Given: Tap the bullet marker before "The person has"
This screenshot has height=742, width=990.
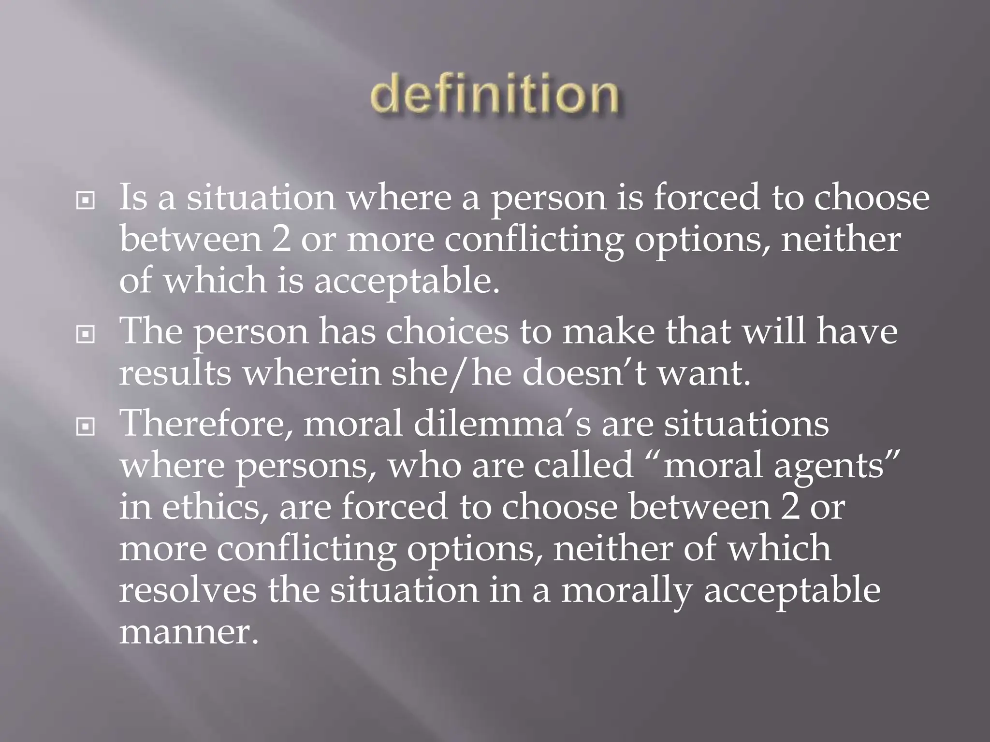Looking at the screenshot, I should (86, 334).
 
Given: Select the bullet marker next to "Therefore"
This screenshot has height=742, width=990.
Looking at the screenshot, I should (86, 426).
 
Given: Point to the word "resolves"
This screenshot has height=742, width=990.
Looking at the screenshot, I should (188, 590).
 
